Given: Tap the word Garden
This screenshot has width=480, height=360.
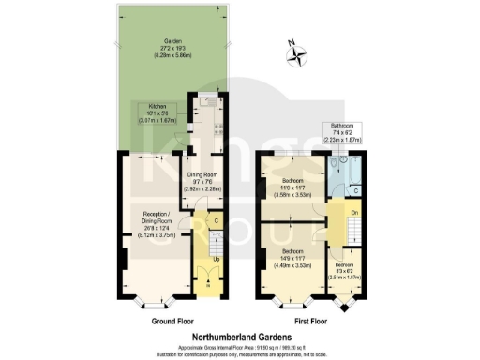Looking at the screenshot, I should coord(172,41).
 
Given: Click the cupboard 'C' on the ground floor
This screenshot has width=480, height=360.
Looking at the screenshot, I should coord(217,221).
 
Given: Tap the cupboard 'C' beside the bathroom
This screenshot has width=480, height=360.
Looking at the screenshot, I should coord(356,191).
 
